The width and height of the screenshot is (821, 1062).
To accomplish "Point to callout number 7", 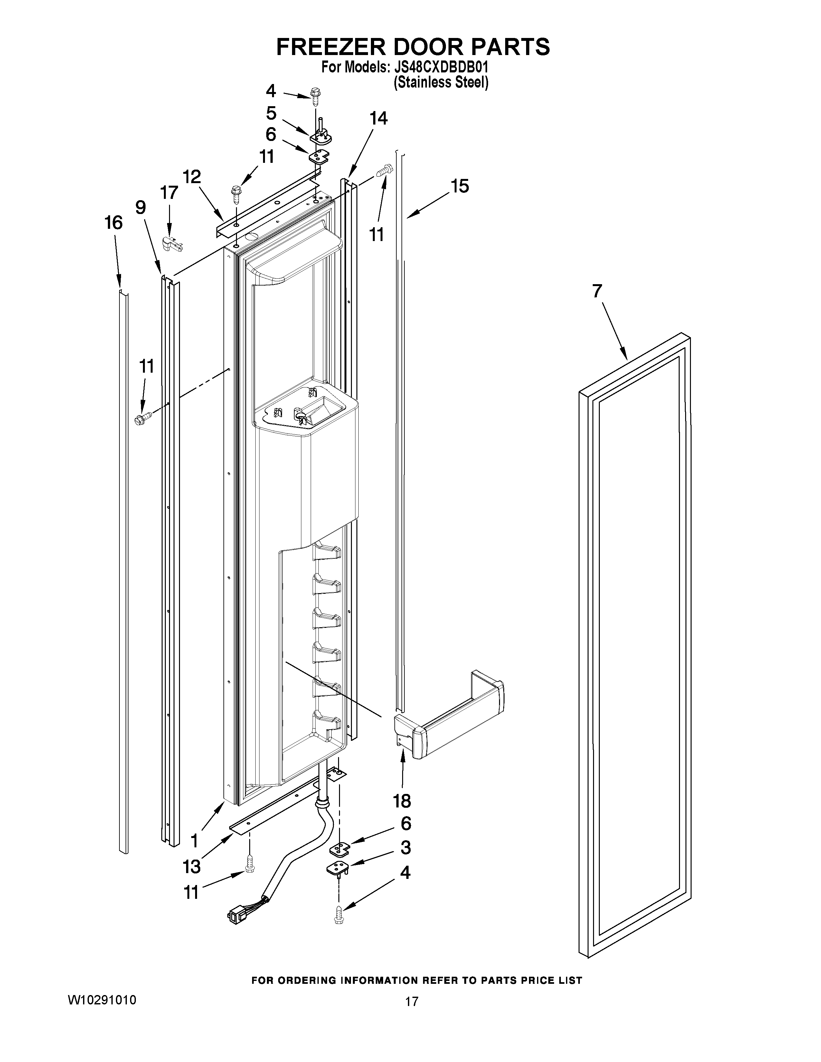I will click(x=597, y=291).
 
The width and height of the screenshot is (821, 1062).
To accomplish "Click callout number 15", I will click(x=460, y=186).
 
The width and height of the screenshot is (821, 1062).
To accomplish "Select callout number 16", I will click(x=113, y=223).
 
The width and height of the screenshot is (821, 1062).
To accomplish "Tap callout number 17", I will click(x=169, y=193).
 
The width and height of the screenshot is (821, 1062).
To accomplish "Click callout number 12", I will click(x=192, y=177).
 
